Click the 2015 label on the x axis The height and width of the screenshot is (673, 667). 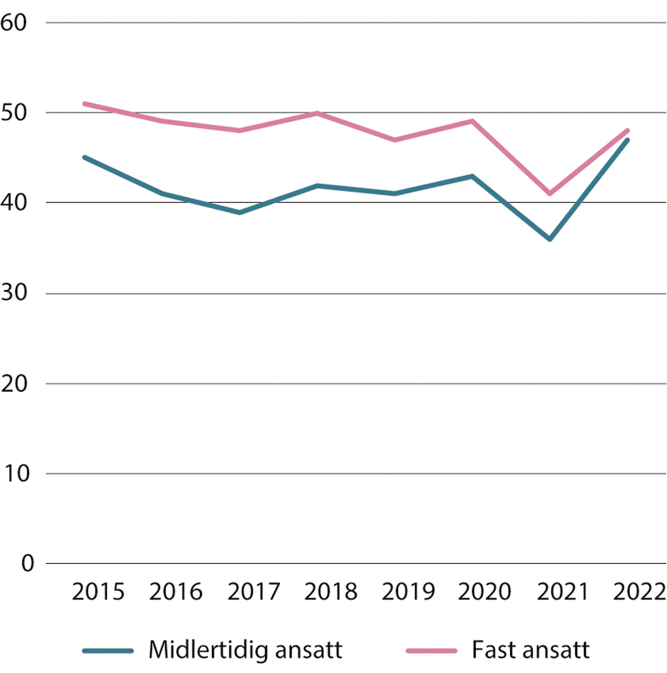[x=98, y=592]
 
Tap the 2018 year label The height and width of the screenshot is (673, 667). [x=331, y=592]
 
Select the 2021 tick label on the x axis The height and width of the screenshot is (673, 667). [x=563, y=592]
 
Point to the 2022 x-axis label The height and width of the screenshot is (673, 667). [x=639, y=592]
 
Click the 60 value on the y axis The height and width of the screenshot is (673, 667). [x=14, y=23]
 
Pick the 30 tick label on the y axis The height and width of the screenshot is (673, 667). [x=14, y=293]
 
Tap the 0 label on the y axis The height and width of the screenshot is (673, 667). [x=27, y=563]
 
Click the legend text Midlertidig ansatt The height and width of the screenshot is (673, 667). [x=245, y=650]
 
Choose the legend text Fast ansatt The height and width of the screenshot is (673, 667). [x=530, y=650]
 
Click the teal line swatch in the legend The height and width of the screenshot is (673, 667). [x=108, y=650]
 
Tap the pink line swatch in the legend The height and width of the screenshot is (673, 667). [x=431, y=650]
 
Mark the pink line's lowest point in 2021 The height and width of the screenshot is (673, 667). [x=550, y=194]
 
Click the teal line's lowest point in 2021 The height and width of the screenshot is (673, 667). [x=550, y=239]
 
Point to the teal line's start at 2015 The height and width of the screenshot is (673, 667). [x=84, y=157]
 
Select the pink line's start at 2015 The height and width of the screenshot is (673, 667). [x=84, y=103]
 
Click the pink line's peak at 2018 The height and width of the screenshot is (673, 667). [x=317, y=113]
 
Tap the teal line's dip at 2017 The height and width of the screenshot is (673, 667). [x=239, y=212]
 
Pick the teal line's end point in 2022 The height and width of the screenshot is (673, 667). [x=628, y=140]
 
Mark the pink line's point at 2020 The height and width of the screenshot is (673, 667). [x=472, y=121]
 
